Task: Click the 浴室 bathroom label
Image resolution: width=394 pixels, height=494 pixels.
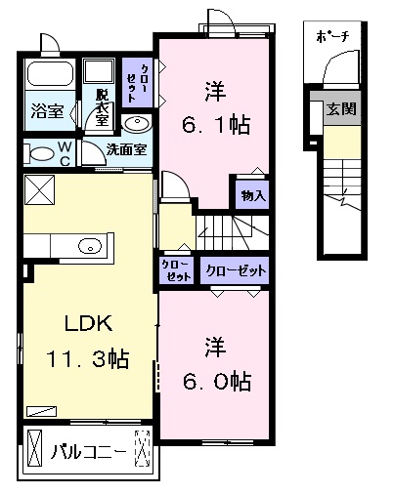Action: (x=47, y=111)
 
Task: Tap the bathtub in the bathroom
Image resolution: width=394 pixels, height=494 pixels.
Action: (x=50, y=74)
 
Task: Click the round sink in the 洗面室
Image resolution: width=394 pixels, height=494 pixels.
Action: (x=137, y=123)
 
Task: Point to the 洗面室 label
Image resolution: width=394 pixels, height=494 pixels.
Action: (x=126, y=149)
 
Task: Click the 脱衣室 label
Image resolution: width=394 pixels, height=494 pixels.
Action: (x=103, y=107)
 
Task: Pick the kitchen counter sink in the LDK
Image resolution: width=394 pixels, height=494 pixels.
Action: (x=90, y=246)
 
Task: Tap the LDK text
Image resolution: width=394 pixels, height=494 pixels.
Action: (x=89, y=323)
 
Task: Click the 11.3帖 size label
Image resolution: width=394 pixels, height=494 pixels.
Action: (x=88, y=358)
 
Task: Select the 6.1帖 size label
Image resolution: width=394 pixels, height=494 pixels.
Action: (x=216, y=125)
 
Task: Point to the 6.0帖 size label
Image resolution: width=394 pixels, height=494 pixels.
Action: (x=217, y=381)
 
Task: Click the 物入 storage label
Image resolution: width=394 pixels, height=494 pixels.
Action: (x=253, y=196)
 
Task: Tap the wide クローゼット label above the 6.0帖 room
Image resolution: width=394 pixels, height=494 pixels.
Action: (x=236, y=270)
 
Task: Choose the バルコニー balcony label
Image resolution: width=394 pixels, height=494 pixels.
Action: (x=89, y=451)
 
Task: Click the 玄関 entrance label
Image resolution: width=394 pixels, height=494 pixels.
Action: (x=341, y=108)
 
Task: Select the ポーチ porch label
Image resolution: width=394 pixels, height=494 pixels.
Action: (x=332, y=37)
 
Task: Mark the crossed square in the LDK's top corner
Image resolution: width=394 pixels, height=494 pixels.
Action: (x=39, y=189)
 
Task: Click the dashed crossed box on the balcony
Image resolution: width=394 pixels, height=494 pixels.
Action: (x=143, y=448)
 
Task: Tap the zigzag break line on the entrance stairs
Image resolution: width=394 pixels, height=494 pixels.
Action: (x=343, y=198)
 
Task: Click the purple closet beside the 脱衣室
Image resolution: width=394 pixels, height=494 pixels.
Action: (x=137, y=82)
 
